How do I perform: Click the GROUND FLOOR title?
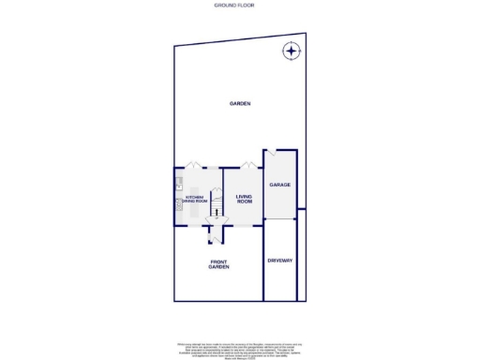click(x=239, y=5)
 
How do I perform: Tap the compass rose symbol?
click(x=292, y=51)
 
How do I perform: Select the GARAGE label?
click(x=280, y=186)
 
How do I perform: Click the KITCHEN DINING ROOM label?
click(x=193, y=199)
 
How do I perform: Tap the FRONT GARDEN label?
click(x=218, y=264)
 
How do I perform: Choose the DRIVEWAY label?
click(x=280, y=260)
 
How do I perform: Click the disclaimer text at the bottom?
click(x=239, y=349)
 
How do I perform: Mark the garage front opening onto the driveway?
click(x=280, y=219)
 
